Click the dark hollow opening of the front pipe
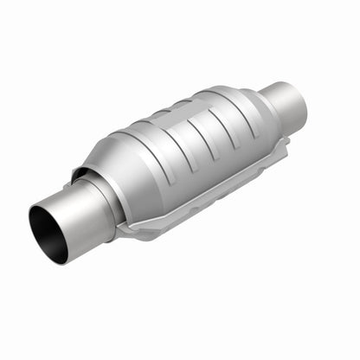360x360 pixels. click(48, 232)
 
